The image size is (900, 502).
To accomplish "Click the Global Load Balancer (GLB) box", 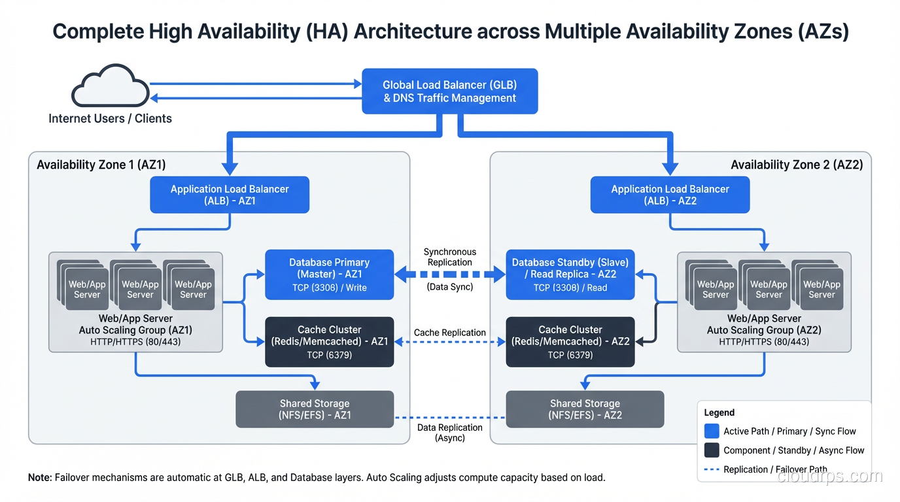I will pyautogui.click(x=450, y=92).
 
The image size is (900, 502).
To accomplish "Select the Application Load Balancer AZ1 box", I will pyautogui.click(x=230, y=195).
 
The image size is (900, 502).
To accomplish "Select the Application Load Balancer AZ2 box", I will pyautogui.click(x=670, y=195).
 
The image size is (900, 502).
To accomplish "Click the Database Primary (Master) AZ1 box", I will pyautogui.click(x=329, y=275).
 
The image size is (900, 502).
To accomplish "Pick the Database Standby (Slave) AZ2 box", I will pyautogui.click(x=570, y=275).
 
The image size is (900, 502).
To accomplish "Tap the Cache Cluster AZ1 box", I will pyautogui.click(x=329, y=342).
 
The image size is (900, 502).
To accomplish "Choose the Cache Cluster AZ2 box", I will pyautogui.click(x=570, y=342).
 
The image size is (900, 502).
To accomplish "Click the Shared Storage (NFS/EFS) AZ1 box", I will pyautogui.click(x=315, y=409).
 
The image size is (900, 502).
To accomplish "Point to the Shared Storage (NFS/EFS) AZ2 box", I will pyautogui.click(x=585, y=409).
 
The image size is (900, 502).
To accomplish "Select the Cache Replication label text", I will pyautogui.click(x=450, y=333).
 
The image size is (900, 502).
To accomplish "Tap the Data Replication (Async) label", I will pyautogui.click(x=450, y=433).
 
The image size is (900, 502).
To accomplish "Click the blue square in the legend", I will pyautogui.click(x=712, y=431).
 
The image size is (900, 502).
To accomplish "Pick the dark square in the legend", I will pyautogui.click(x=712, y=450).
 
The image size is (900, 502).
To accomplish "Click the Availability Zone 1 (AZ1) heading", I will pyautogui.click(x=101, y=165).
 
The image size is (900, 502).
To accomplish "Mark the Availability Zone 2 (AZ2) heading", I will pyautogui.click(x=796, y=165).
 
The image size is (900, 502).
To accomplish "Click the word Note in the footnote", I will pyautogui.click(x=39, y=478).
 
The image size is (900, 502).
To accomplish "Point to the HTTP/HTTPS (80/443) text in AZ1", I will pyautogui.click(x=135, y=342).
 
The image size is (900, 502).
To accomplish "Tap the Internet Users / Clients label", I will pyautogui.click(x=110, y=119).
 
